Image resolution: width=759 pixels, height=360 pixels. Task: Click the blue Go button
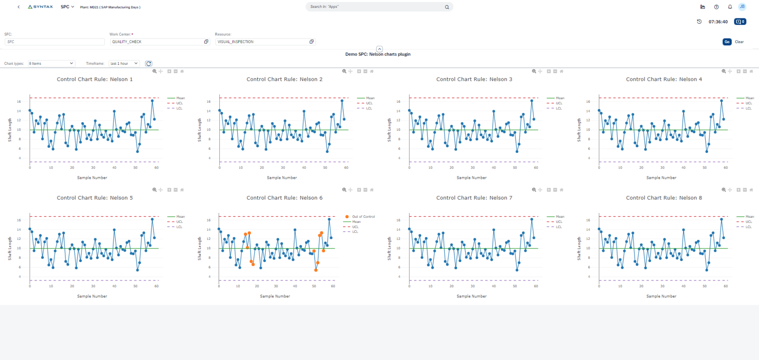(x=727, y=42)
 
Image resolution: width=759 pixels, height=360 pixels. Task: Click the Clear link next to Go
(x=739, y=42)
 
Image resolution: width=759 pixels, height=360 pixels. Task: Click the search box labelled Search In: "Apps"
(x=375, y=7)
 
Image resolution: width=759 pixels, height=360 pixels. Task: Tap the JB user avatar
(x=742, y=7)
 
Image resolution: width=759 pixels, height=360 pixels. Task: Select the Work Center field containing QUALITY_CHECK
(x=157, y=42)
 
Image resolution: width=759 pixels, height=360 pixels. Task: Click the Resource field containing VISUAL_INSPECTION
(x=262, y=42)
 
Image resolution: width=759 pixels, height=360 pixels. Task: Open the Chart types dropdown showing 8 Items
(x=51, y=63)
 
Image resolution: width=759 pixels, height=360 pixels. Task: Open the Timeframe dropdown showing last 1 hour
(x=124, y=63)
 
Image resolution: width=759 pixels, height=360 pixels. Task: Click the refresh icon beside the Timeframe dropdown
(x=149, y=63)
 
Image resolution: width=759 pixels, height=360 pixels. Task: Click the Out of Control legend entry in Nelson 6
(x=363, y=217)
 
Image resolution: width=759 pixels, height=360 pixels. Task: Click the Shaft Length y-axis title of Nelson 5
(x=9, y=248)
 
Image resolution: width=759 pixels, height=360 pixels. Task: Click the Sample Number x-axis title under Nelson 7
(x=472, y=296)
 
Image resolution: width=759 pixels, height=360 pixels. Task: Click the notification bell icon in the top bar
(x=730, y=7)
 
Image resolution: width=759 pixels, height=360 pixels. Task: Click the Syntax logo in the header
(x=40, y=7)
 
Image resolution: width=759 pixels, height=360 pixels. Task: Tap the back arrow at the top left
(x=19, y=7)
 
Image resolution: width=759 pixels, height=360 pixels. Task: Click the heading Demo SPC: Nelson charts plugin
(x=377, y=54)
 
